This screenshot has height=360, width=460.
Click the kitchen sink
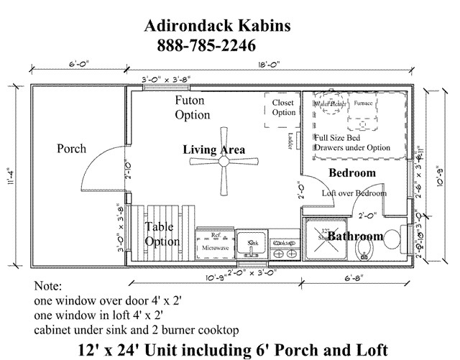tap(252, 244)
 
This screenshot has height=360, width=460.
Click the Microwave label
tap(215, 247)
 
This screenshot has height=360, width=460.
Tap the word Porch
tap(71, 149)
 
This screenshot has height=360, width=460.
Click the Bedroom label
tap(352, 173)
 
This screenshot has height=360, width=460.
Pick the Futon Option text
tap(193, 108)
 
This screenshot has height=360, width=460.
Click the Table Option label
tap(162, 234)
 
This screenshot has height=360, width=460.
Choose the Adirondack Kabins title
tap(217, 27)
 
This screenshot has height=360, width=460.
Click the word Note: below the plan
tap(49, 286)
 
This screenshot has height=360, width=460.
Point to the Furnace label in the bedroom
tap(364, 103)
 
